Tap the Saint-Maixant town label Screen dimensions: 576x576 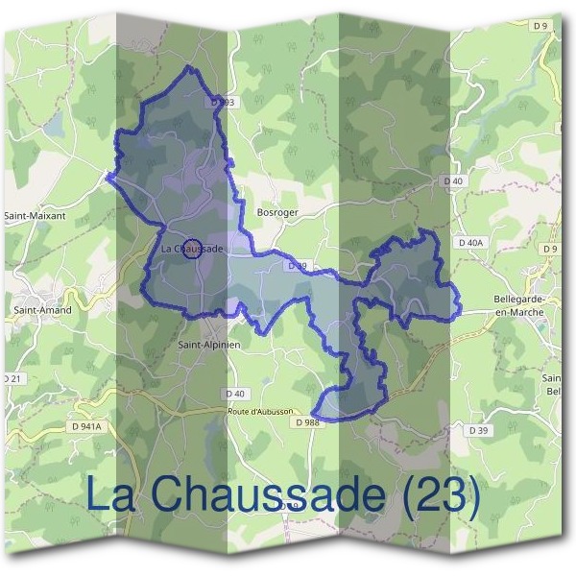[36, 216]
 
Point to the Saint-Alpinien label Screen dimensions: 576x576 [209, 343]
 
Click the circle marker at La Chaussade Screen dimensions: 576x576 [192, 249]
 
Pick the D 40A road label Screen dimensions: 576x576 [470, 243]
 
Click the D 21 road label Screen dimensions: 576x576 [12, 380]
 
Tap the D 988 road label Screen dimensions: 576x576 [307, 421]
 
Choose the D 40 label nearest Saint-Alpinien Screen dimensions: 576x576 [235, 393]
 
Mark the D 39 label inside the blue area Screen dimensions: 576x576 [297, 266]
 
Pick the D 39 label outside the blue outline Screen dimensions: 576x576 [478, 430]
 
